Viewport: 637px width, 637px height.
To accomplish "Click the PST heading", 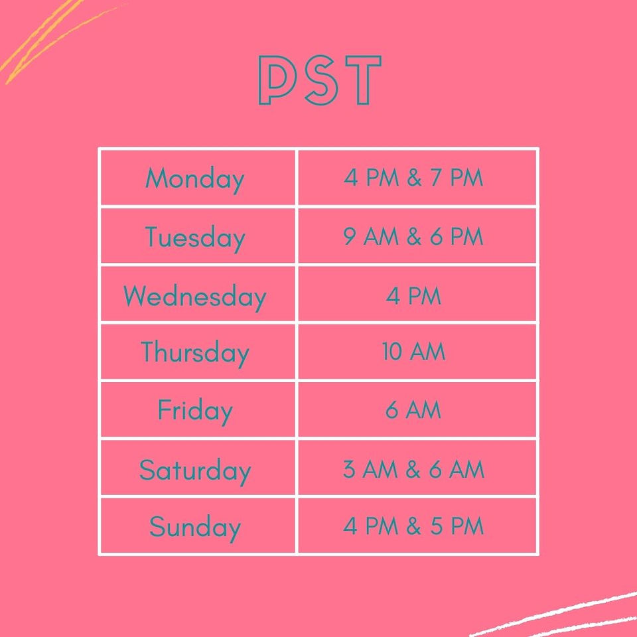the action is pyautogui.click(x=320, y=80).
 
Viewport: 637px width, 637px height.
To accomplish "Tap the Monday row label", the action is pyautogui.click(x=195, y=179).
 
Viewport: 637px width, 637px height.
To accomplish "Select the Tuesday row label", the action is pyautogui.click(x=195, y=238).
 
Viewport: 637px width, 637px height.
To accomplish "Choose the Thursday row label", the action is pyautogui.click(x=195, y=353).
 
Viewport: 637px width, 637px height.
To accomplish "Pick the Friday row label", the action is pyautogui.click(x=195, y=411).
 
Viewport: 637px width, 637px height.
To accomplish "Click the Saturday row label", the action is pyautogui.click(x=195, y=470).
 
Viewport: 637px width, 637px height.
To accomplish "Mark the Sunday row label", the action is pyautogui.click(x=195, y=528).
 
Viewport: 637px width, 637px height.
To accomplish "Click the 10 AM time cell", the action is pyautogui.click(x=413, y=352).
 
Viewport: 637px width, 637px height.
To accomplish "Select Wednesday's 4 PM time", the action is pyautogui.click(x=413, y=296).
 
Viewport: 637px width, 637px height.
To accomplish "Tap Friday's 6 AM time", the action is pyautogui.click(x=413, y=409).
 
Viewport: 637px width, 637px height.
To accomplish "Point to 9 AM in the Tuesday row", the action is pyautogui.click(x=371, y=236).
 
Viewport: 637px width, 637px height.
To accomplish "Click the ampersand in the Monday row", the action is pyautogui.click(x=414, y=178).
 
